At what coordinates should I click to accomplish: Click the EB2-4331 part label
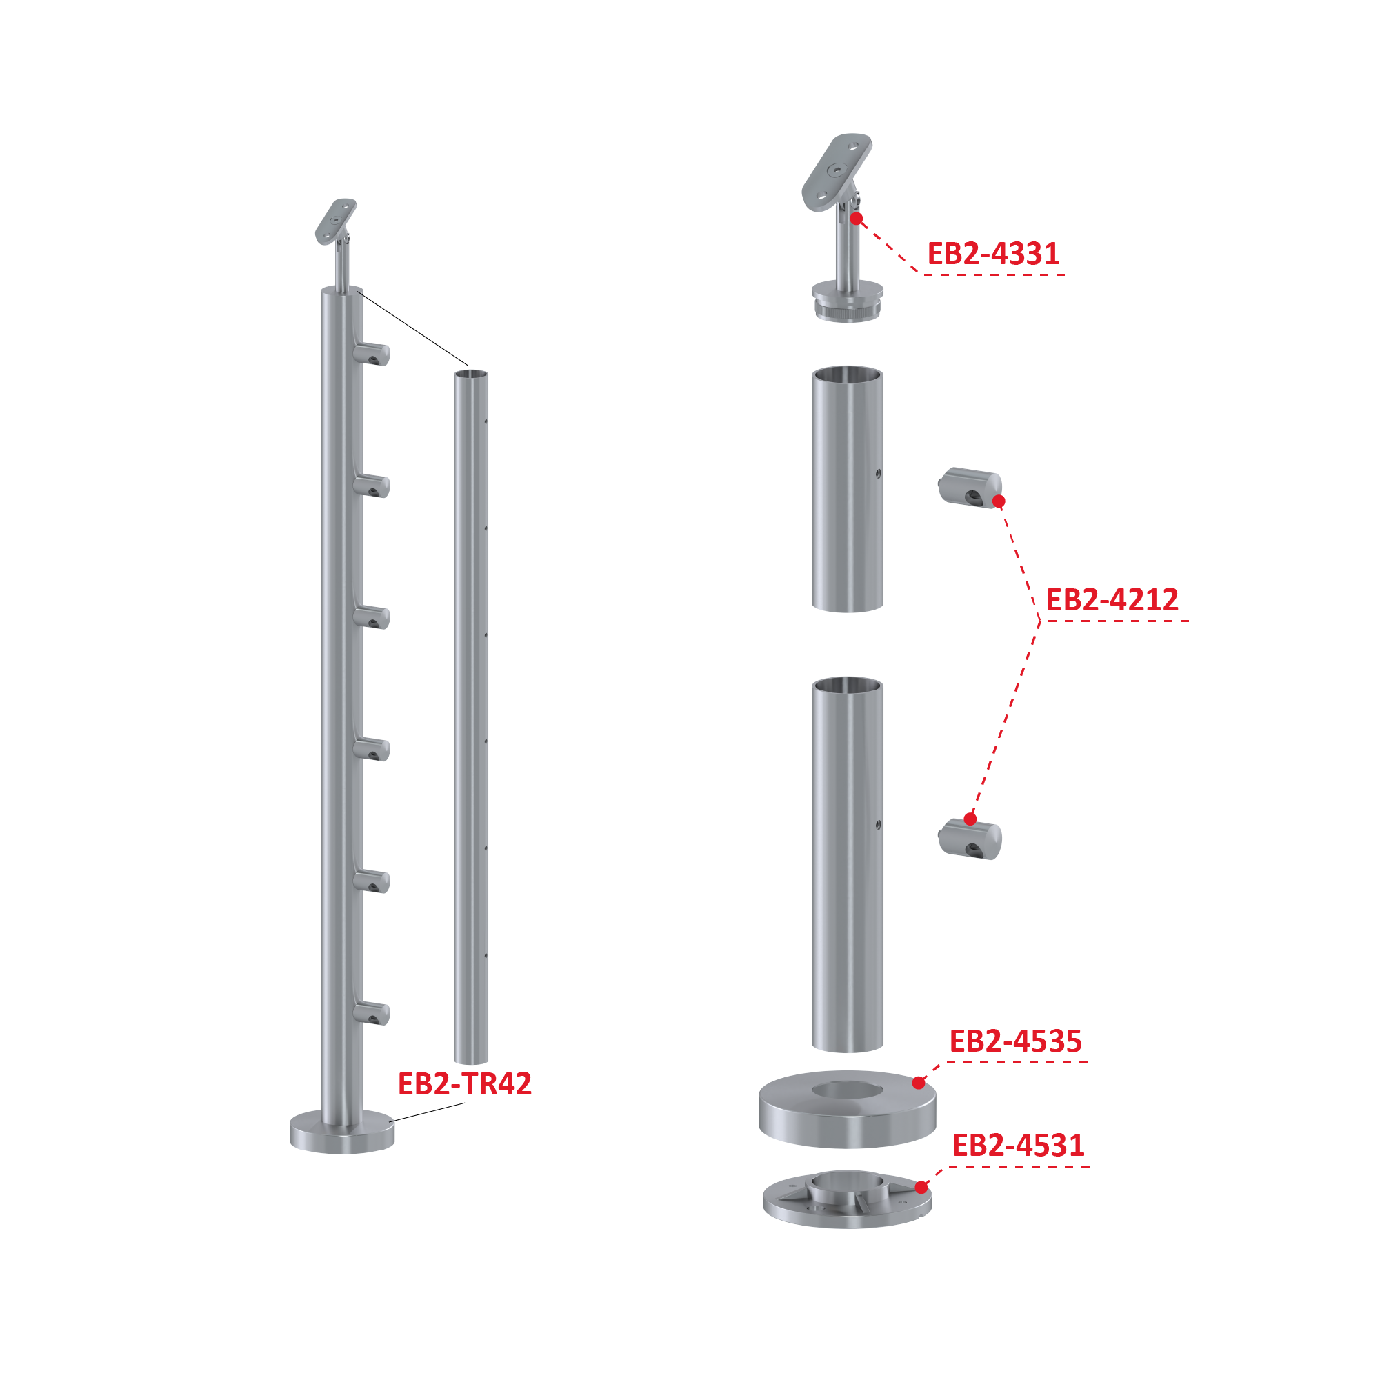993,254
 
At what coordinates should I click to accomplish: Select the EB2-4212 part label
1112,600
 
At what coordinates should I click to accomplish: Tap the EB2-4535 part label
1016,1041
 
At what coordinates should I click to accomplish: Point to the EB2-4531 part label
1019,1146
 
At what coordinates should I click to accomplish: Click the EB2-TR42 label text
465,1084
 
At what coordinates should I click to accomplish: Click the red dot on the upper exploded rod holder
999,501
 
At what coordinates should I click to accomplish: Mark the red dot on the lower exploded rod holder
970,819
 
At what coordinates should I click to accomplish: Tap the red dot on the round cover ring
919,1083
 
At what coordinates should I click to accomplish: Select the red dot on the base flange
921,1188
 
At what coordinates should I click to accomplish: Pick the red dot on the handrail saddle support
857,219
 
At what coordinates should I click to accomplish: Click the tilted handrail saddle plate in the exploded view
837,172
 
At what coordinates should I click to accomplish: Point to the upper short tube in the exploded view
848,489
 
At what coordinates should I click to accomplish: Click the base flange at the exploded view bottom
848,1200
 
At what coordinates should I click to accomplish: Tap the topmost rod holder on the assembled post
372,354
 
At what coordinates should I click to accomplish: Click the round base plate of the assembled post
342,1132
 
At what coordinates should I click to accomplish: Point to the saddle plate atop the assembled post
336,221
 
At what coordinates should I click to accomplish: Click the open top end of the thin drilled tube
472,375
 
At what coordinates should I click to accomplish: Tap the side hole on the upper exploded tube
878,474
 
